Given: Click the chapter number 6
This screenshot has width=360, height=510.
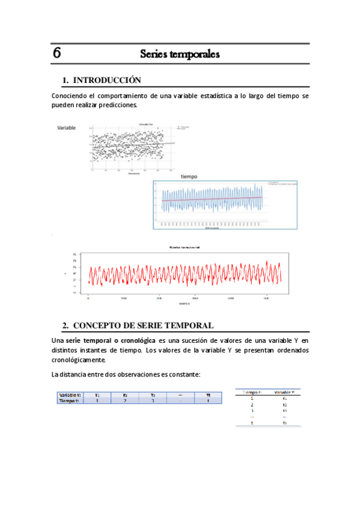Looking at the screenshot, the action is (56, 53).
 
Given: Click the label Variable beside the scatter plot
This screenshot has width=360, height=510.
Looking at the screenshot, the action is (66, 128).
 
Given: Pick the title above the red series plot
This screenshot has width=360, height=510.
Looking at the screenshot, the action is (185, 247).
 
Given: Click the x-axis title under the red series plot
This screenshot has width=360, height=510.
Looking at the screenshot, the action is (185, 304).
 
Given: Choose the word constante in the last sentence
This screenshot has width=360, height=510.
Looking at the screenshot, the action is (183, 375).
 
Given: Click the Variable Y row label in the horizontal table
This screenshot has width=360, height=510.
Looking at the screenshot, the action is (70, 395).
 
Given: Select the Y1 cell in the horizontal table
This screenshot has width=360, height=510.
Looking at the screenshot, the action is (97, 395).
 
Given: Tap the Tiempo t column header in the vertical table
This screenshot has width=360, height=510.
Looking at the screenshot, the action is (252, 392).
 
